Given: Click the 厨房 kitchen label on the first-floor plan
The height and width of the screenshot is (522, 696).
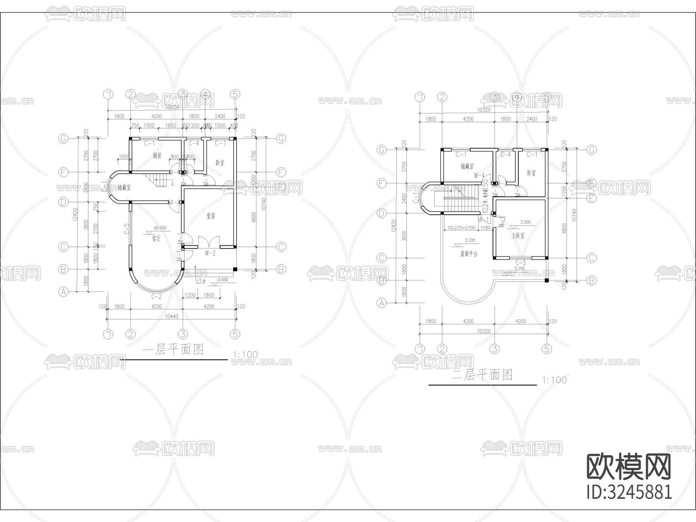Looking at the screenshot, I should click(157, 155).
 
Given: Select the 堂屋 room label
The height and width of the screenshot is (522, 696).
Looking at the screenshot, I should click(210, 216).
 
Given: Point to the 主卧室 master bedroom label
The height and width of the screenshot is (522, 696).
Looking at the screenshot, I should click(518, 236).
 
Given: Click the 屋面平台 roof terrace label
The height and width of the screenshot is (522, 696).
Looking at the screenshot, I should click(469, 254).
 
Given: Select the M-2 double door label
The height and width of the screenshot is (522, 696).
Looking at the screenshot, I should click(210, 253).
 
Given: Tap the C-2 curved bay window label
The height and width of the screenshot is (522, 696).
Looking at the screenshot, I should click(156, 297).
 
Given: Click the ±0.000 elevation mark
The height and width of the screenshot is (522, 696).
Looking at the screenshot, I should click(160, 228).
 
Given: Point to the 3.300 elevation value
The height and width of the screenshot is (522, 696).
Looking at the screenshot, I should click(525, 222).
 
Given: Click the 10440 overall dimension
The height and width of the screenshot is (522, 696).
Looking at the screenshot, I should click(171, 316).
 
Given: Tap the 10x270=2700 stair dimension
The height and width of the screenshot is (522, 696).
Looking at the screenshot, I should click(461, 228).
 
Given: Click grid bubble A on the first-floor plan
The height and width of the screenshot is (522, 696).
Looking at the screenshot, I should click(63, 292).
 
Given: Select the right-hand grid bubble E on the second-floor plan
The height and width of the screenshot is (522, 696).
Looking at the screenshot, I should click(591, 198).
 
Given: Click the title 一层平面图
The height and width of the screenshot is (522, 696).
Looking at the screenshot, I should click(173, 350).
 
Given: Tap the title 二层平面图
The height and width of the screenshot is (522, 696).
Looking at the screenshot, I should click(482, 375).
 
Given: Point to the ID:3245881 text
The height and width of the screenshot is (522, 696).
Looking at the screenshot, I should click(629, 492).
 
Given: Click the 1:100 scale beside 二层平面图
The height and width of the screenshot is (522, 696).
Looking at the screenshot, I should click(554, 380).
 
